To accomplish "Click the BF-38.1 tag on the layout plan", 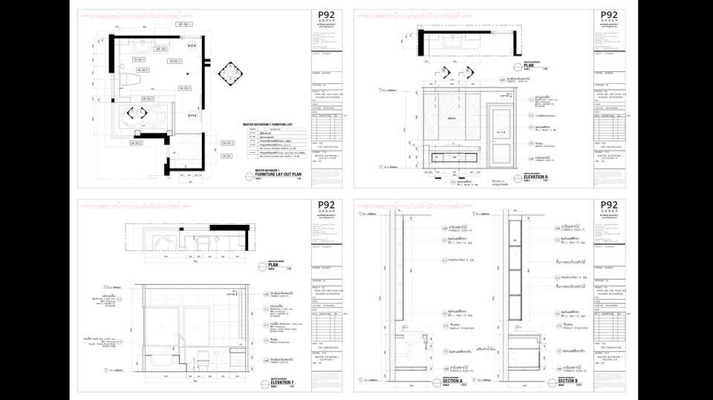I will [184, 24].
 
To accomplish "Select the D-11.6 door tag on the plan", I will [191, 46].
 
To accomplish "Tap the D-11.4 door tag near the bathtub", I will [191, 116].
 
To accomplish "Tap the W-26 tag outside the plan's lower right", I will [228, 156].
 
